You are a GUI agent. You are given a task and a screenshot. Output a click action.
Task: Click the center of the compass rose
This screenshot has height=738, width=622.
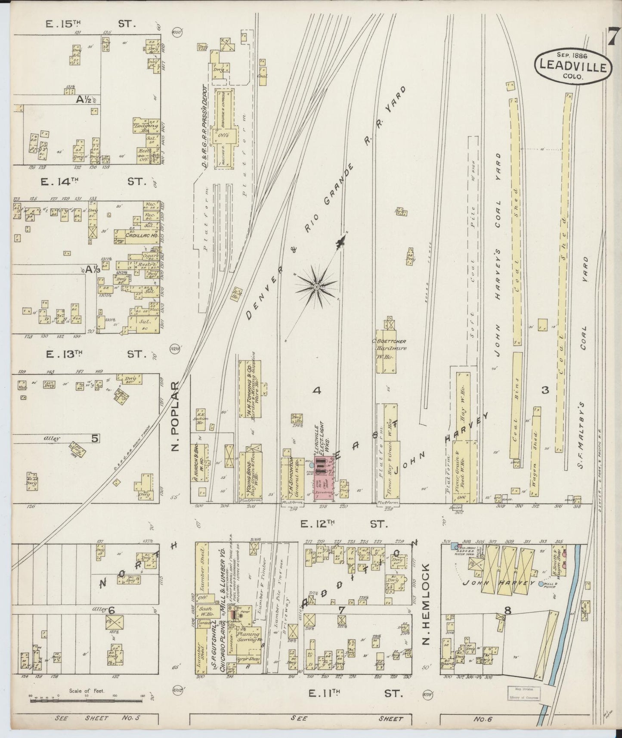tap(316, 286)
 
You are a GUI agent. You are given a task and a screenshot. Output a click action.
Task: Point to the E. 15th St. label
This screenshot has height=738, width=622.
tap(91, 24)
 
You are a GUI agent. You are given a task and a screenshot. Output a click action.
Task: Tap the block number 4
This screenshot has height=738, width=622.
tap(317, 391)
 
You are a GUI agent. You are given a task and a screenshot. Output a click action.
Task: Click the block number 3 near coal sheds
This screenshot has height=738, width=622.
tap(545, 390)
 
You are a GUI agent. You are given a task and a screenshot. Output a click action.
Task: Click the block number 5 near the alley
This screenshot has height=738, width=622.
tap(95, 438)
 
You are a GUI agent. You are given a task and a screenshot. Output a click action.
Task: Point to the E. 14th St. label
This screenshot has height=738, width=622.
tap(93, 182)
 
